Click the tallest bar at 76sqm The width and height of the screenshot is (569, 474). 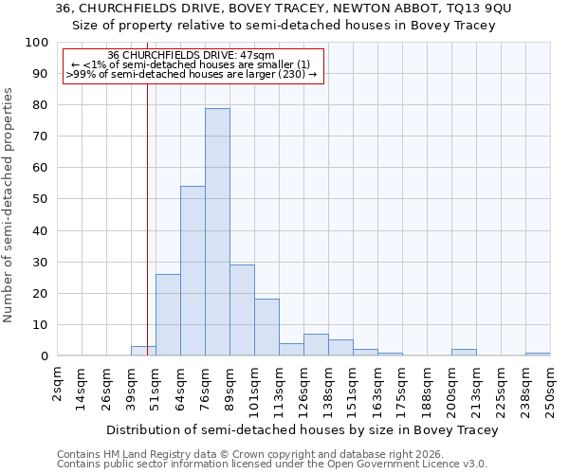pyautogui.click(x=217, y=232)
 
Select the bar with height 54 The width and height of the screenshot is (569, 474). pyautogui.click(x=193, y=271)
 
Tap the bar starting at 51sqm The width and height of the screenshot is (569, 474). pyautogui.click(x=168, y=315)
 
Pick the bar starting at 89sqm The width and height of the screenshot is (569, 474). pyautogui.click(x=242, y=310)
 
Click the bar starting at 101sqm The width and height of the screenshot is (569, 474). pyautogui.click(x=266, y=327)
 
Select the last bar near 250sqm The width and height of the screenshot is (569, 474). pyautogui.click(x=538, y=354)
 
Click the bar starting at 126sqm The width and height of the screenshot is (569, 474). pyautogui.click(x=316, y=345)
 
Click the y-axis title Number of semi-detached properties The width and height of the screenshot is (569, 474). pyautogui.click(x=9, y=205)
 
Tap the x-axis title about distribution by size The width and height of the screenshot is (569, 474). pyautogui.click(x=302, y=429)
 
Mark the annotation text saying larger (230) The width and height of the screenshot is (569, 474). pyautogui.click(x=275, y=73)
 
